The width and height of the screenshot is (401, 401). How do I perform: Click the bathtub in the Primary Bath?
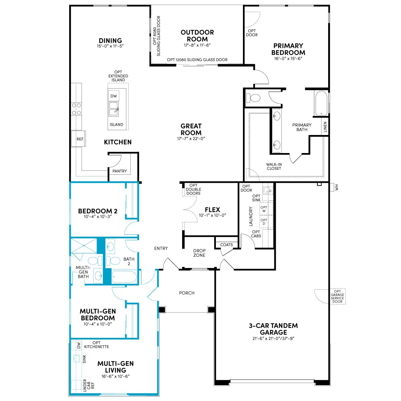(x=321, y=103)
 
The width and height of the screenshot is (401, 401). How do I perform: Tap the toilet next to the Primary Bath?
(x=253, y=98)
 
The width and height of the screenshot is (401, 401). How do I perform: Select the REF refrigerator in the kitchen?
(x=78, y=139)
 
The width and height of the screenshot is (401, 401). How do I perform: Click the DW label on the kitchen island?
(x=114, y=96)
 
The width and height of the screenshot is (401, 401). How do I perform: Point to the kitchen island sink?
(x=113, y=109)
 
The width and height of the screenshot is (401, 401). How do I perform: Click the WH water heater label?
(x=337, y=187)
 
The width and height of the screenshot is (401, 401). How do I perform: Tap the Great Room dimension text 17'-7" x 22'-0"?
(x=191, y=139)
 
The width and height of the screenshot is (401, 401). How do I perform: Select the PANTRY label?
(x=119, y=171)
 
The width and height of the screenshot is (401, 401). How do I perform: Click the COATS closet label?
(x=227, y=245)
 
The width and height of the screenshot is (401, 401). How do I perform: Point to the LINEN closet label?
(x=325, y=127)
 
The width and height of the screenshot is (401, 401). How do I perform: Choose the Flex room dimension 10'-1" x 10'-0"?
(x=212, y=216)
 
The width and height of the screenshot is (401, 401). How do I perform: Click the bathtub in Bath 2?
(x=124, y=277)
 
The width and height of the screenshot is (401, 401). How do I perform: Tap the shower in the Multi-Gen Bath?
(x=84, y=246)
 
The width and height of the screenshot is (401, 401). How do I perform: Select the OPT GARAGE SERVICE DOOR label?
(x=337, y=296)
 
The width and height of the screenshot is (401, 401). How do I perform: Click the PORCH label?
(x=187, y=293)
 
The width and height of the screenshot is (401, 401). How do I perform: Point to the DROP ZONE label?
(x=199, y=253)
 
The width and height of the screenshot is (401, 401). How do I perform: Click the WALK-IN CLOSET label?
(x=274, y=166)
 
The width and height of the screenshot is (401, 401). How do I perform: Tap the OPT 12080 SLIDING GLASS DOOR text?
(x=197, y=60)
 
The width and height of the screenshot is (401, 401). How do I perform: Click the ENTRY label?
(x=161, y=248)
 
